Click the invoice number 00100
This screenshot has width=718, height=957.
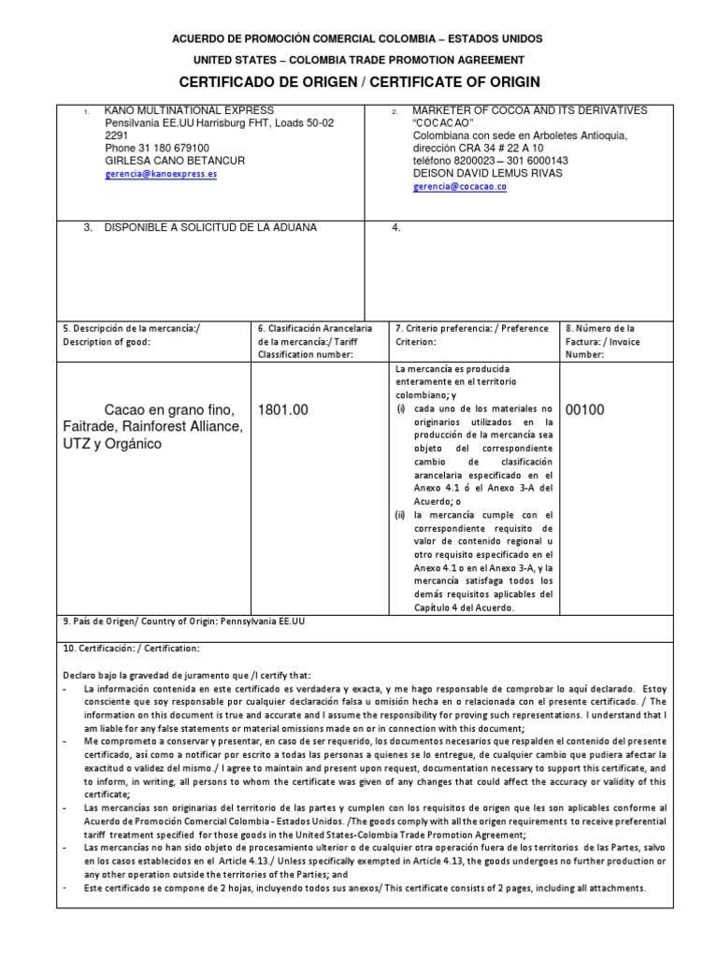pos(586,409)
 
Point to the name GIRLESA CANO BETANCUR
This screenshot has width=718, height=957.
pos(175,161)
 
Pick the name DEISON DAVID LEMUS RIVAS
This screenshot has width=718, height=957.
pos(488,174)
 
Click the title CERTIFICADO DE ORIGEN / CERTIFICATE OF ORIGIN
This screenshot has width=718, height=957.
pos(359,82)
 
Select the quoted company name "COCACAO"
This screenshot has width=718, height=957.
pos(443,123)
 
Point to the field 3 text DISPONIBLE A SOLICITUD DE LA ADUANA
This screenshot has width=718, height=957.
pos(210,228)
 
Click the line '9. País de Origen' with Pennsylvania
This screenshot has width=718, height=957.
pos(183,621)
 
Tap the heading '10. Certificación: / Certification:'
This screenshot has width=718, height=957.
pos(131,649)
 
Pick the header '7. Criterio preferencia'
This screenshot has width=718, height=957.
pos(472,329)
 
